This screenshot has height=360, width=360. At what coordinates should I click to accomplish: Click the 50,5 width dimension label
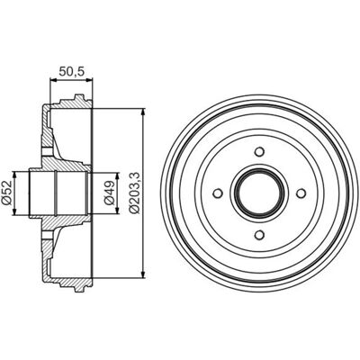tap(72, 71)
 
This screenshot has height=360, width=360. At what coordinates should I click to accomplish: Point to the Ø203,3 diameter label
tap(134, 193)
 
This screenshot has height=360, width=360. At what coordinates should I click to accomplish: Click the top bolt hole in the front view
tap(259, 151)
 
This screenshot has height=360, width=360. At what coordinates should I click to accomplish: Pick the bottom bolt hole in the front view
tap(259, 234)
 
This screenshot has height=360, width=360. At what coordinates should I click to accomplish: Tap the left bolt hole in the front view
tap(218, 193)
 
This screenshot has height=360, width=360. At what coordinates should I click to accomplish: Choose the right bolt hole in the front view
tap(301, 193)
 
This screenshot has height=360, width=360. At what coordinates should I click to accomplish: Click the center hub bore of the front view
tap(259, 193)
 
